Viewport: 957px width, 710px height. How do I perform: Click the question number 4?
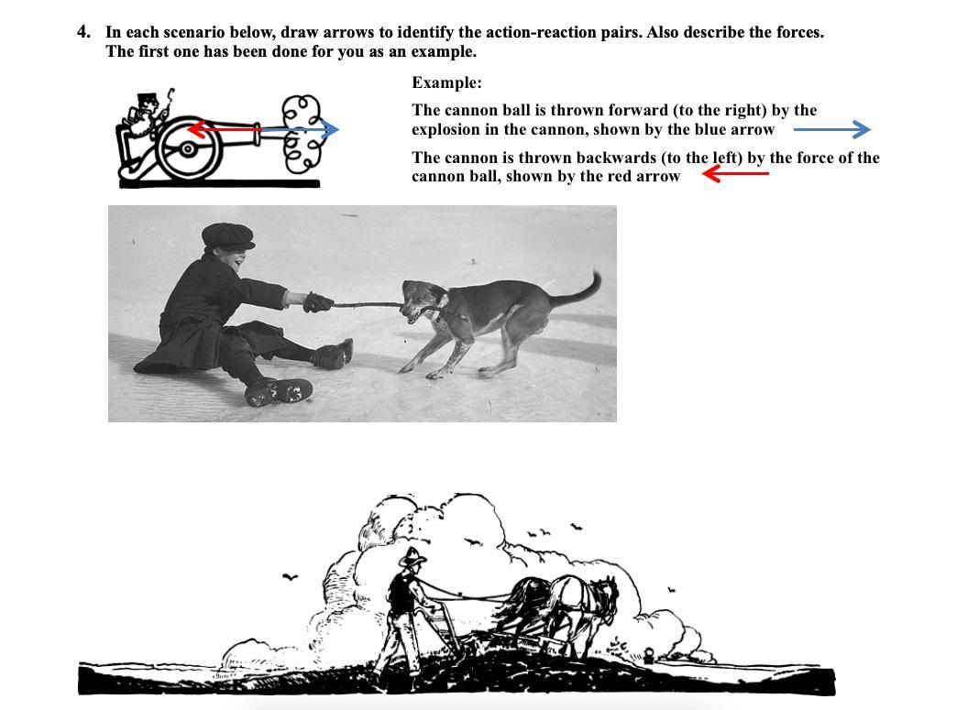83,32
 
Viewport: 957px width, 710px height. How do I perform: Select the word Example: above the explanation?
446,82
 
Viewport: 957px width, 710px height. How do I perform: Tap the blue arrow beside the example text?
832,129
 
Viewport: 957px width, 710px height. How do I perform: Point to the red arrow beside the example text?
735,174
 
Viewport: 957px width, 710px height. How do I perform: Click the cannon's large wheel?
188,148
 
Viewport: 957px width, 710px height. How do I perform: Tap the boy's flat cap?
227,236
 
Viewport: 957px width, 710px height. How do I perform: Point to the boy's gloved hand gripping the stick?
317,302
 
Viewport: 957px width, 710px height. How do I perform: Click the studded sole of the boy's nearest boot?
279,392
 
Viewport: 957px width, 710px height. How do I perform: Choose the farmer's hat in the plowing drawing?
412,557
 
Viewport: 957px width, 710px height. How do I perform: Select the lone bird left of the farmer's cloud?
291,576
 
